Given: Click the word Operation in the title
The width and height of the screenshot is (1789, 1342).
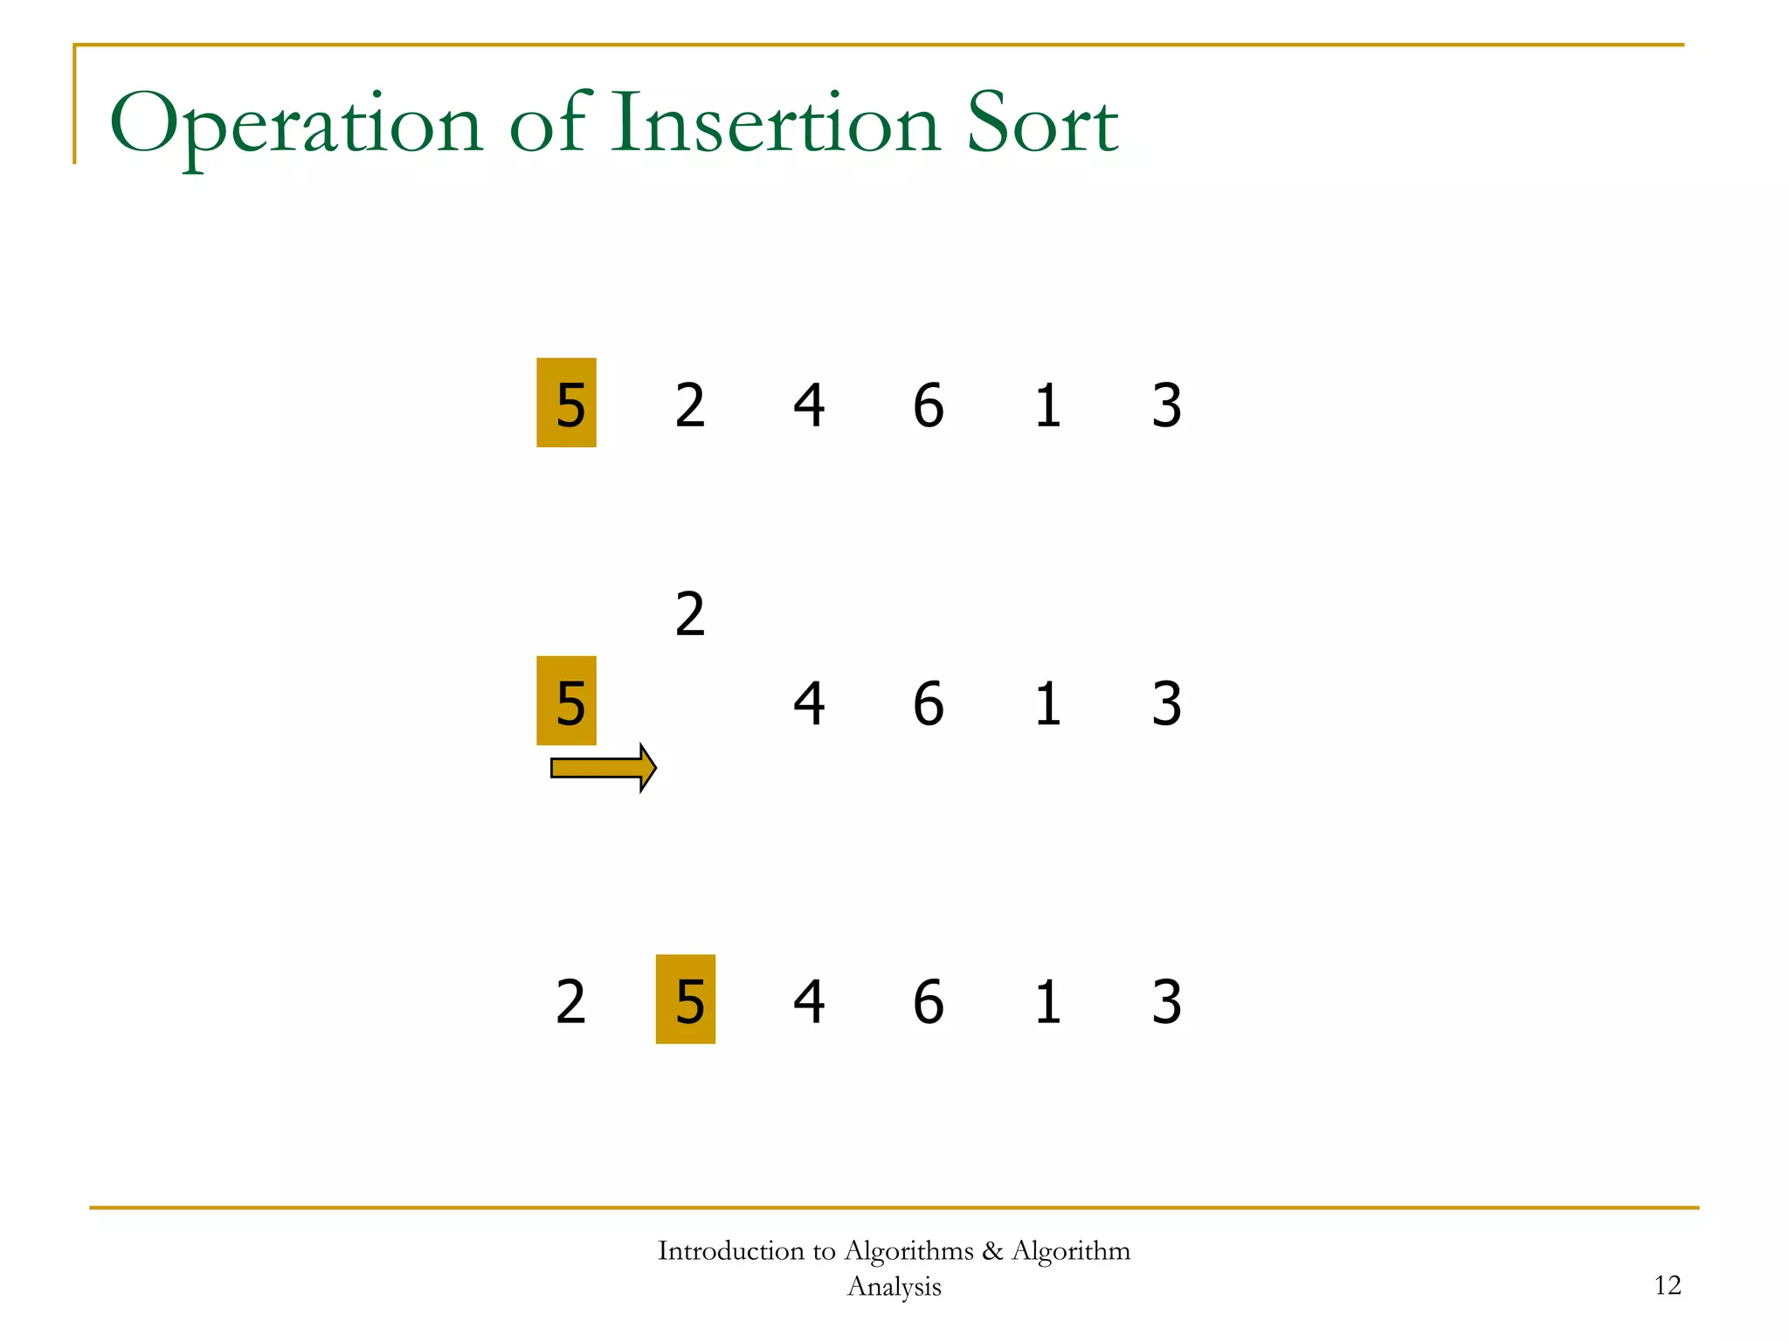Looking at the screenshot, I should click(x=296, y=125).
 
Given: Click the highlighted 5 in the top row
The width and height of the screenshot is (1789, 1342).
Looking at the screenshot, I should click(x=567, y=404).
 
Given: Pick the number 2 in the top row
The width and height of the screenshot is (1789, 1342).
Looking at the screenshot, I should click(x=690, y=405).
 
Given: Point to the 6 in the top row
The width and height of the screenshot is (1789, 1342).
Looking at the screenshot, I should click(x=928, y=405).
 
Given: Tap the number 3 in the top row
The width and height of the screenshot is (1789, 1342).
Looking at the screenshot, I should click(x=1166, y=405).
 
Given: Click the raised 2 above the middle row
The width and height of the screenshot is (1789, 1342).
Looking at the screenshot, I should click(x=690, y=614).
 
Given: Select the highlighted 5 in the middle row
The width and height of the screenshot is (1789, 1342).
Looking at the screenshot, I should click(x=567, y=702).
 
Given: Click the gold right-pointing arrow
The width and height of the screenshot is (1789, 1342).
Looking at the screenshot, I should click(x=604, y=768).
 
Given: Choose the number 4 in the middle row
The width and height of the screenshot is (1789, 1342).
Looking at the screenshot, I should click(x=809, y=703).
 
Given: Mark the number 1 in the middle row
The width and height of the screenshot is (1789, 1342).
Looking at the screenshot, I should click(x=1047, y=703).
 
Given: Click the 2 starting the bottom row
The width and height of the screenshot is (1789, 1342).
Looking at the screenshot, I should click(x=570, y=1001).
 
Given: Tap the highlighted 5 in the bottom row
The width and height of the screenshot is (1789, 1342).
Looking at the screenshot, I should click(x=686, y=1000).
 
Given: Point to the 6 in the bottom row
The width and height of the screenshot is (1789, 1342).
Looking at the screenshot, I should click(x=928, y=1001).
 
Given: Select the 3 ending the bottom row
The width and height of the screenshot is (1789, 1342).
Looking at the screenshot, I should click(x=1166, y=1001).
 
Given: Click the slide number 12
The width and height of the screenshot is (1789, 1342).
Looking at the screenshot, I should click(x=1668, y=1285).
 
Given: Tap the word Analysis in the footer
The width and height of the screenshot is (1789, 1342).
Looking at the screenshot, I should click(x=894, y=1287).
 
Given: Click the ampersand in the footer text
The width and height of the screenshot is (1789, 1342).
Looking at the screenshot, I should click(x=992, y=1251).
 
